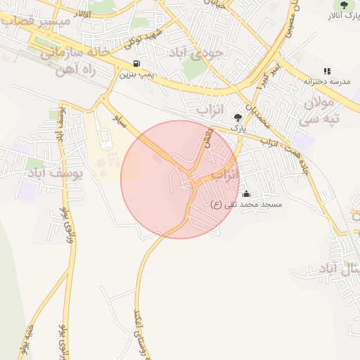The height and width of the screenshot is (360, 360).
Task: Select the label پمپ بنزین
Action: [x=136, y=73]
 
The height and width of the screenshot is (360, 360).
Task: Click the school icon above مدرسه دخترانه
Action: [x=326, y=71]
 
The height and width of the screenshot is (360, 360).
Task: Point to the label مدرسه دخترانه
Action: [x=326, y=82]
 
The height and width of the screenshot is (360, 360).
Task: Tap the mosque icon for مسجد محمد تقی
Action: [x=245, y=193]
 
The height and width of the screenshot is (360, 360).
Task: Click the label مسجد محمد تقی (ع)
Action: [x=246, y=204]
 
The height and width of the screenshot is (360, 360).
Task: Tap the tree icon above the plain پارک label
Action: [x=238, y=118]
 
